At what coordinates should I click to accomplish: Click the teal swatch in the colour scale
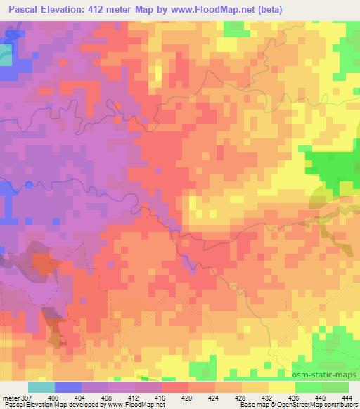tap(41, 387)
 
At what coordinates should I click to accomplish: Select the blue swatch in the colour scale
tap(68, 387)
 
